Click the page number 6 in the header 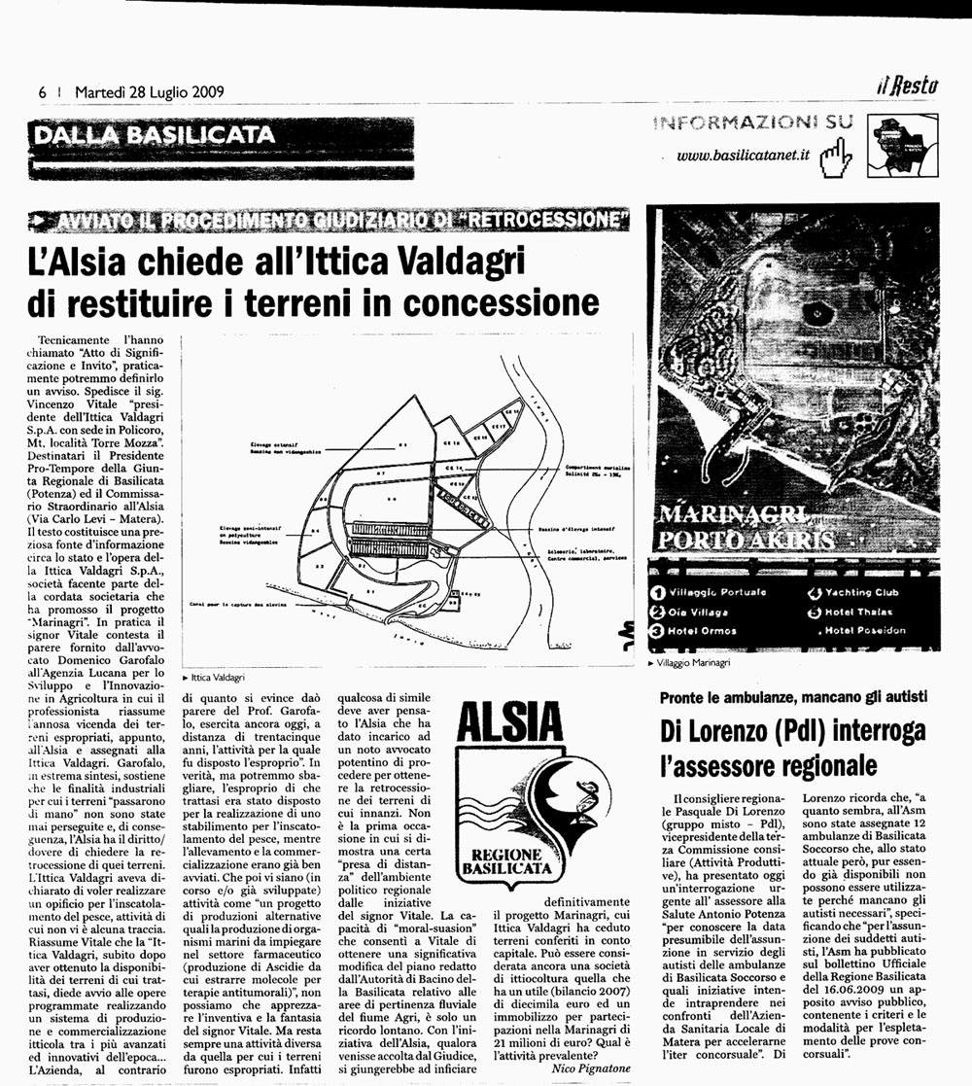point(43,92)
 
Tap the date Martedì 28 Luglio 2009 point(149,92)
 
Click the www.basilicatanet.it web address point(743,156)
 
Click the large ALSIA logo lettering point(508,724)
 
